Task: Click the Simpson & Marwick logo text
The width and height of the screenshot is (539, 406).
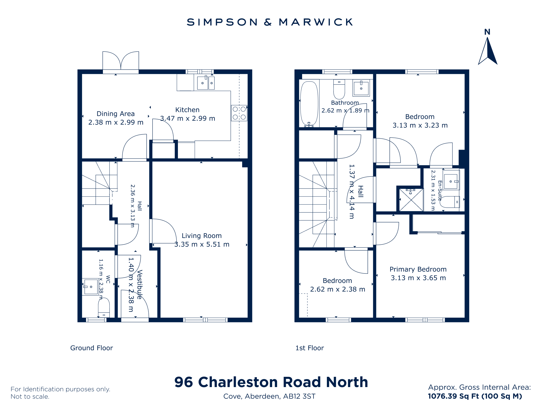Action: pyautogui.click(x=269, y=22)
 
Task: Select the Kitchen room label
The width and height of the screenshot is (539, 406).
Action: pyautogui.click(x=187, y=110)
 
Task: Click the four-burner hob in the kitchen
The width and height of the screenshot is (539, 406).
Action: pyautogui.click(x=239, y=113)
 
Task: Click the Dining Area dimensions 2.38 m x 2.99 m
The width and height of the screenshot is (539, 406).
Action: pyautogui.click(x=116, y=123)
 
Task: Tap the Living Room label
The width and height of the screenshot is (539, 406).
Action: pyautogui.click(x=202, y=236)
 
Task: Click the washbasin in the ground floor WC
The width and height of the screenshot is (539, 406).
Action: pyautogui.click(x=91, y=287)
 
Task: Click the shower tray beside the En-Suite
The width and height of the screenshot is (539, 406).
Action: pyautogui.click(x=411, y=200)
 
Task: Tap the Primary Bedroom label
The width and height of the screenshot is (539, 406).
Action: pyautogui.click(x=418, y=269)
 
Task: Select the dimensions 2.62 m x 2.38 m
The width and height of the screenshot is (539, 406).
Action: pyautogui.click(x=338, y=290)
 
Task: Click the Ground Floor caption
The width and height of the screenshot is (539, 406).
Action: pyautogui.click(x=92, y=348)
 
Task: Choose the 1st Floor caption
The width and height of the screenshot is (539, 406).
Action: pyautogui.click(x=310, y=348)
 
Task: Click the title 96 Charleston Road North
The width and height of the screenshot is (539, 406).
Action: pyautogui.click(x=271, y=382)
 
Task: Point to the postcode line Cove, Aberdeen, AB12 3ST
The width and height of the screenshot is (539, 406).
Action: pyautogui.click(x=269, y=396)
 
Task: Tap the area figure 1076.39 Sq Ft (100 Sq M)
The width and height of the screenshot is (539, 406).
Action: pyautogui.click(x=475, y=396)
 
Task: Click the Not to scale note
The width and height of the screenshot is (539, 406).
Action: pyautogui.click(x=30, y=397)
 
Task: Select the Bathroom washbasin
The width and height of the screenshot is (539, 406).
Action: pyautogui.click(x=361, y=88)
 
